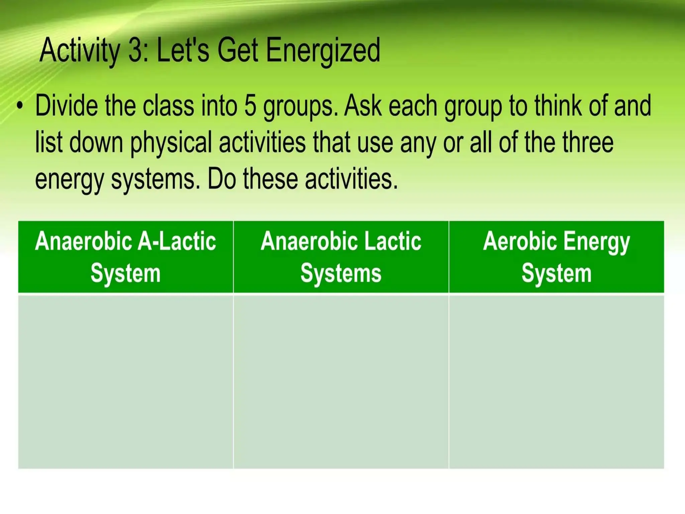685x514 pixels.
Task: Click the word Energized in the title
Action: click(323, 51)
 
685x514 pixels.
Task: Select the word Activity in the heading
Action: click(80, 51)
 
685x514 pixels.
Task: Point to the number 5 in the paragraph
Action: click(250, 106)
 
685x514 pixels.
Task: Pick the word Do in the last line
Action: click(222, 179)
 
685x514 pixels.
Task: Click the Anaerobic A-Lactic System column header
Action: click(125, 257)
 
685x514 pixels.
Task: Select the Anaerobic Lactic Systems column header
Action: click(341, 257)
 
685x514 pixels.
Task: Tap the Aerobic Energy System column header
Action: click(556, 257)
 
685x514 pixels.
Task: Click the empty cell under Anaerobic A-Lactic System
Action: click(125, 381)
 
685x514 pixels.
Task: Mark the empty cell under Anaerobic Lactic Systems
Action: click(341, 381)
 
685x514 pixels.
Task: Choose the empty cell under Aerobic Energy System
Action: click(556, 381)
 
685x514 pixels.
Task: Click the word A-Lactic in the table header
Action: click(177, 241)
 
